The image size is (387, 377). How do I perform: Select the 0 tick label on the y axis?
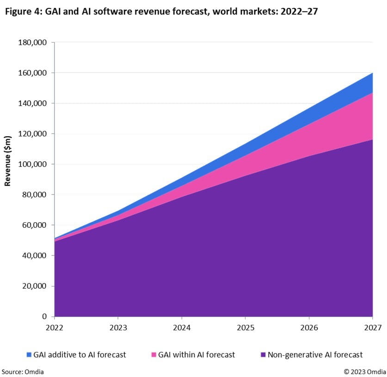coord(44,317)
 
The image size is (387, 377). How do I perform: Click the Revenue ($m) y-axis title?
coord(8,161)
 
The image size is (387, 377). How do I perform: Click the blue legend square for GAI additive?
coord(29,355)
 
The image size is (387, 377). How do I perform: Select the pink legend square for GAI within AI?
coord(154,355)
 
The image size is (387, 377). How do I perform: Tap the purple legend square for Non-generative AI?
coord(263,355)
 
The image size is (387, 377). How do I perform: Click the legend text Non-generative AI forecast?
coord(315,355)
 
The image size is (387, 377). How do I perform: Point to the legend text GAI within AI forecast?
coord(197,355)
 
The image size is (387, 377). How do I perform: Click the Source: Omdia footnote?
coord(23,371)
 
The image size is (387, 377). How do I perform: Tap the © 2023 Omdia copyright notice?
coord(364,371)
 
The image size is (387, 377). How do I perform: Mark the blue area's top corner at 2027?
coord(373,73)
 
